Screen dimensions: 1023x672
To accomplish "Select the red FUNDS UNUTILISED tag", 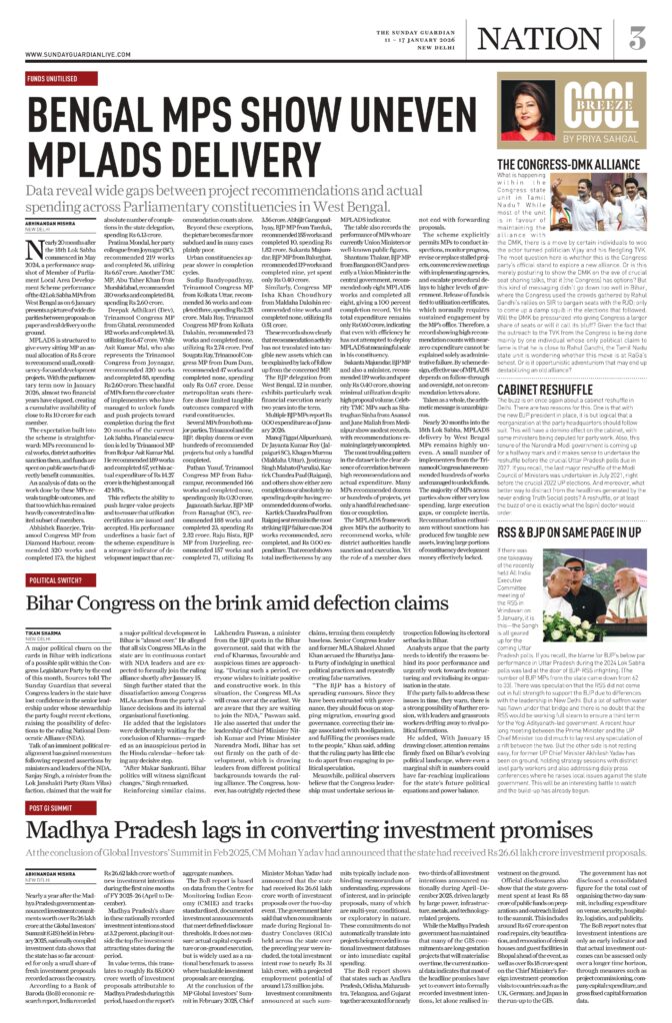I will pos(50,78).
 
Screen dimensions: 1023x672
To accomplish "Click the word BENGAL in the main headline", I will pos(101,110).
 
